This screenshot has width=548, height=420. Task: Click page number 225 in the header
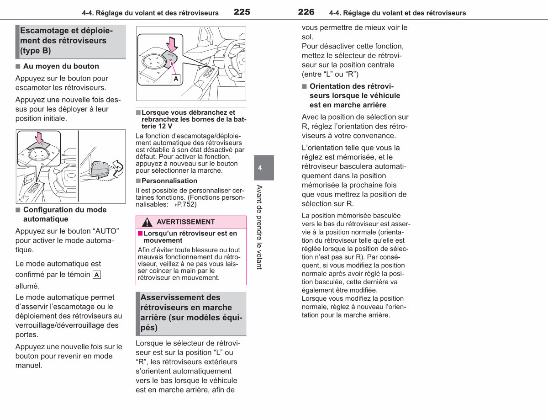click(x=242, y=12)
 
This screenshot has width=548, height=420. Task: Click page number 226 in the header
click(x=306, y=12)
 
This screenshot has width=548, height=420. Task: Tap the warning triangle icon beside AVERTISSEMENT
click(x=147, y=222)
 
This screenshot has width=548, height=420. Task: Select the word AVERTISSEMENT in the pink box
click(x=185, y=222)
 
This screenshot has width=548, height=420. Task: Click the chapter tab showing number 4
click(x=264, y=167)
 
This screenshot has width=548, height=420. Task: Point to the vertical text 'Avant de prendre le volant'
click(x=259, y=227)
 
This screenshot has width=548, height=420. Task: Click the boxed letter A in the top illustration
click(x=176, y=79)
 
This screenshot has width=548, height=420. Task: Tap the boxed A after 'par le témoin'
click(x=97, y=275)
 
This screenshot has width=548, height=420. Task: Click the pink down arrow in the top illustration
click(x=172, y=44)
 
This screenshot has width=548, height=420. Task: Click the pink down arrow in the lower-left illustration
click(x=39, y=138)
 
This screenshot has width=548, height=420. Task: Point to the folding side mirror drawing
click(x=100, y=169)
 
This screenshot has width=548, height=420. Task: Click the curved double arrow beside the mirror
click(x=118, y=169)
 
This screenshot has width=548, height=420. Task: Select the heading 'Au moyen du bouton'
click(x=61, y=66)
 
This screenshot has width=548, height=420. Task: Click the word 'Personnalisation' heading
click(x=169, y=181)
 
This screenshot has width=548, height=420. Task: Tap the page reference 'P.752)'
click(x=187, y=204)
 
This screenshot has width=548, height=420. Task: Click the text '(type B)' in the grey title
click(x=36, y=51)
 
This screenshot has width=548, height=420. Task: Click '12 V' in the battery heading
click(x=166, y=126)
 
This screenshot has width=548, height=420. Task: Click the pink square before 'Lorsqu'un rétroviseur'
click(x=140, y=234)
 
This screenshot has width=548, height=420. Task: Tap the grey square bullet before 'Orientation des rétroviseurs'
click(x=305, y=86)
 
